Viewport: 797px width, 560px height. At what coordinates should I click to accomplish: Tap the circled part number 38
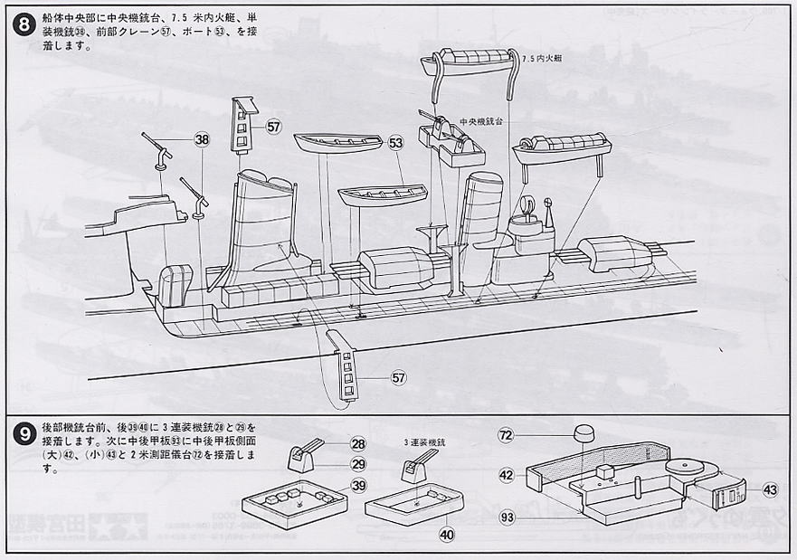point(202,140)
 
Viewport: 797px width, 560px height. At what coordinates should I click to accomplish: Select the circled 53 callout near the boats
point(395,143)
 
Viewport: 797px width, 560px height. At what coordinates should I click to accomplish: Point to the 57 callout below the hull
point(400,377)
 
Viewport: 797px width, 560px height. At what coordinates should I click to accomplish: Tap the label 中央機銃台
point(480,121)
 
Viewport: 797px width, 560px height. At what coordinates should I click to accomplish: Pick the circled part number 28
point(358,443)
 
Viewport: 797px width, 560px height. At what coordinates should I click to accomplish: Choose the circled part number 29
point(358,464)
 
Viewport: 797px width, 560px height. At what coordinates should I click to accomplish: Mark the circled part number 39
point(358,486)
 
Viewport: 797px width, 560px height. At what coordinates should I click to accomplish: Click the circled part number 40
point(446,534)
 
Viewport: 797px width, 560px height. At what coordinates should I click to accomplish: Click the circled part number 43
point(770,489)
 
